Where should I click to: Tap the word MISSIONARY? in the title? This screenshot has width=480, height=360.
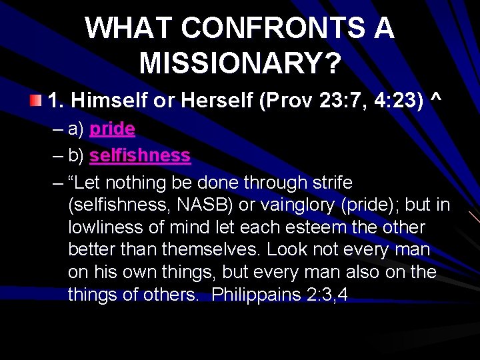coord(241,64)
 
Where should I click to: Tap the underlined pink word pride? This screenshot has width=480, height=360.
coord(112,129)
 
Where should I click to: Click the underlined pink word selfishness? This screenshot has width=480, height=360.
coord(140,155)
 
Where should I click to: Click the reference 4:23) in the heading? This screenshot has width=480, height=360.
coord(397,101)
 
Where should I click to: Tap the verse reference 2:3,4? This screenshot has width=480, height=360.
coord(325,295)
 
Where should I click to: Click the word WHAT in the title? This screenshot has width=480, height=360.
coord(127,28)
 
